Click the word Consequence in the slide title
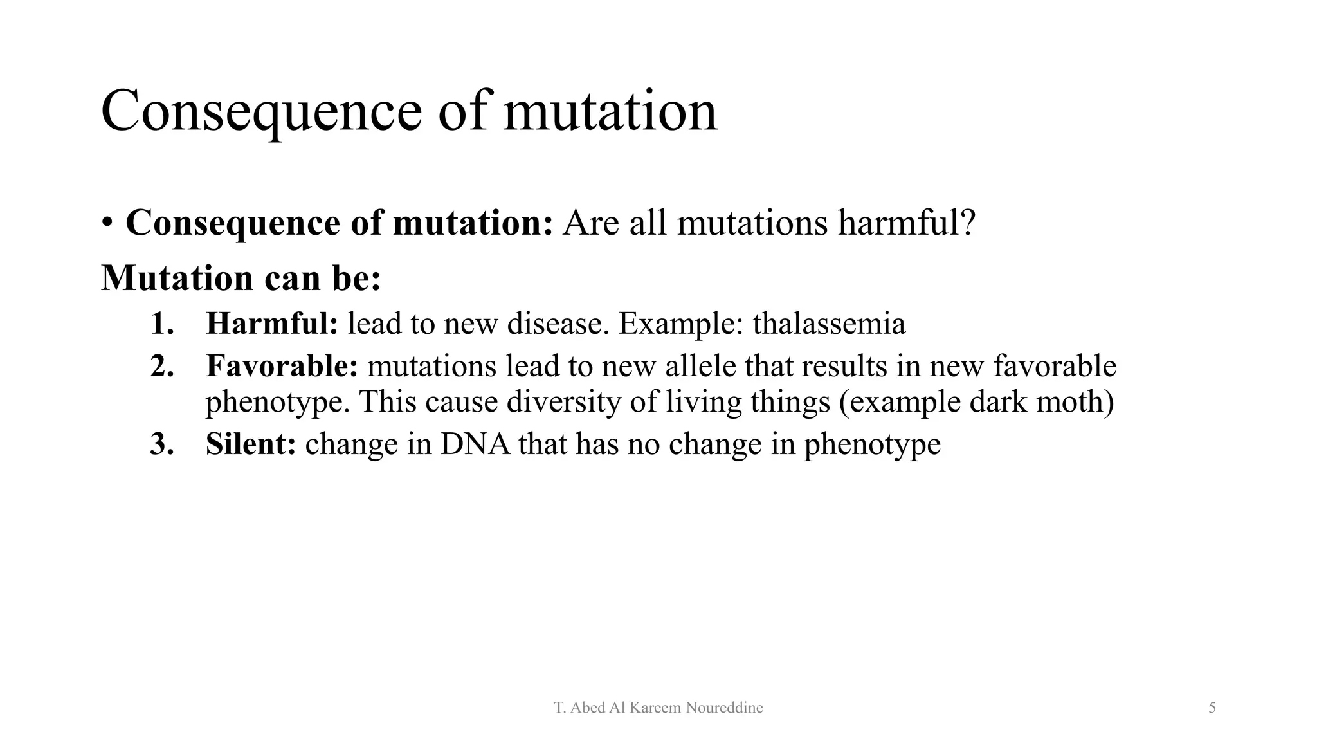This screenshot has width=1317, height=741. (x=261, y=112)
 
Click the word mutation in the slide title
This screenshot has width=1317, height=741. (x=610, y=112)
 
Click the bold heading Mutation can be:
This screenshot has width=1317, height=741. (x=241, y=278)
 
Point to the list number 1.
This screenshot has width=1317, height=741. (x=162, y=324)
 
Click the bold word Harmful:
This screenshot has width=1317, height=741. (x=271, y=324)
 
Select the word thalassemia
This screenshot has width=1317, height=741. (x=829, y=324)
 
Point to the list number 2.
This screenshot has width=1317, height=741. (x=162, y=367)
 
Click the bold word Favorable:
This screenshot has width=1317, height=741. (x=282, y=367)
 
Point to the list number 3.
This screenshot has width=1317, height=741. (x=162, y=444)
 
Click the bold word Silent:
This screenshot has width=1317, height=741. (x=251, y=444)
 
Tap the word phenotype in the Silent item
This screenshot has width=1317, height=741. (x=872, y=444)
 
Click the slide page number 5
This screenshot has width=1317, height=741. (x=1212, y=708)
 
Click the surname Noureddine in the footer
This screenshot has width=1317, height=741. (x=724, y=708)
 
